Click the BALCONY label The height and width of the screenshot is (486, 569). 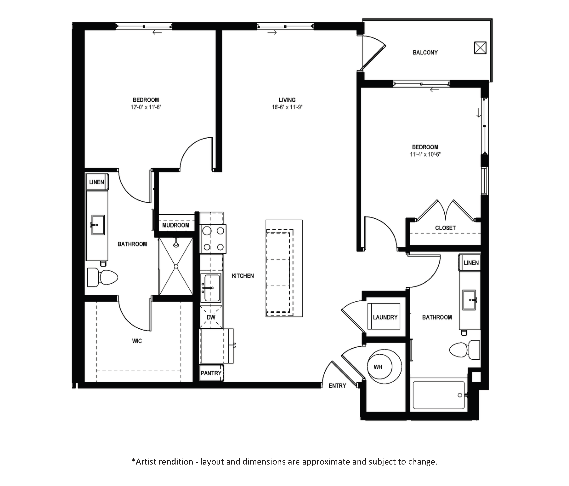[425, 52]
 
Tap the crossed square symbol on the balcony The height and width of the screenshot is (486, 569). [480, 48]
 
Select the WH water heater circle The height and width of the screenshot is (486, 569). [384, 367]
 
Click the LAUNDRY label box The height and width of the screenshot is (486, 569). [385, 317]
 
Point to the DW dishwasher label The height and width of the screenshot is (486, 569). [211, 317]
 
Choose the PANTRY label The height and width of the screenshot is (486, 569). [211, 373]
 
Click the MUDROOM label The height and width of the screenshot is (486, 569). [176, 225]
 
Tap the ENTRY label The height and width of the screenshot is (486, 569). [337, 386]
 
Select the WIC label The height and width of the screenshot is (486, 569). [137, 341]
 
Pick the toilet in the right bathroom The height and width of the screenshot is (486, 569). [465, 350]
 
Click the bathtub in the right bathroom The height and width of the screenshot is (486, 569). [439, 395]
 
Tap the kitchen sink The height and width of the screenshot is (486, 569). [211, 288]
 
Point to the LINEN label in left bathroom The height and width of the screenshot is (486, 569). [97, 182]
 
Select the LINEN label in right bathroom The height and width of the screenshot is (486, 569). [471, 263]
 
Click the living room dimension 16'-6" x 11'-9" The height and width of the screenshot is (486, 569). [287, 107]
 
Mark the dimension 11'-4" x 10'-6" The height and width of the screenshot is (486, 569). [425, 155]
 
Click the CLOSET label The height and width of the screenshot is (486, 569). [445, 228]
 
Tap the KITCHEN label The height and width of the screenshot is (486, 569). [243, 276]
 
